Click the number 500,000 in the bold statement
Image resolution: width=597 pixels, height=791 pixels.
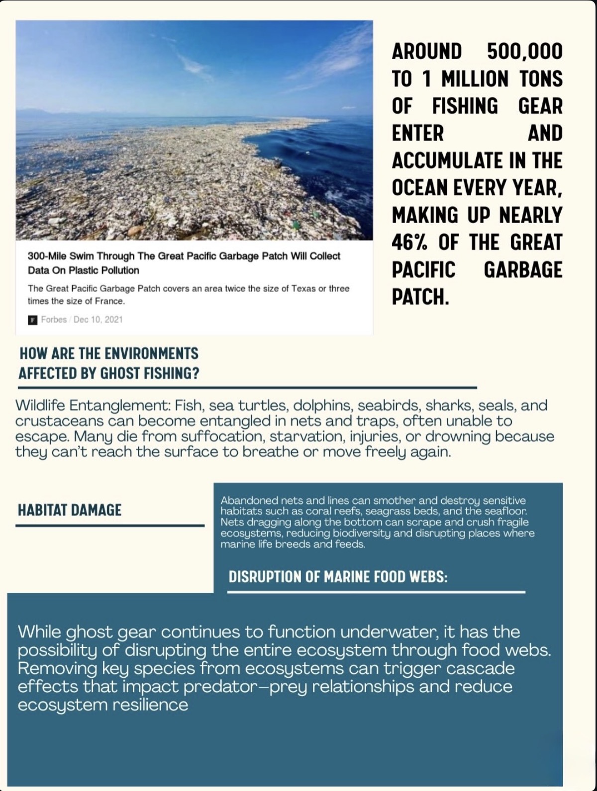(x=524, y=52)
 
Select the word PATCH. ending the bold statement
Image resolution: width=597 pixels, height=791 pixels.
(x=420, y=297)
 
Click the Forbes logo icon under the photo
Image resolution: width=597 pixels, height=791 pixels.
(x=32, y=320)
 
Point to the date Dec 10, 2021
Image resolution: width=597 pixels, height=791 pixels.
(x=98, y=319)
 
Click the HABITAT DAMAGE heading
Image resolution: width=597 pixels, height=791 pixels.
(x=70, y=510)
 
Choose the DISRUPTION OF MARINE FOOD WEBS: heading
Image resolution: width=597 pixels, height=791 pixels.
(x=338, y=577)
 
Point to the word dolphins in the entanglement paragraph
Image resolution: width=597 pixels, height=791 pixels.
(x=323, y=406)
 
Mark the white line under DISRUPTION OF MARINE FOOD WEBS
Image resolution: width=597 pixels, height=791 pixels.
(x=376, y=592)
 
